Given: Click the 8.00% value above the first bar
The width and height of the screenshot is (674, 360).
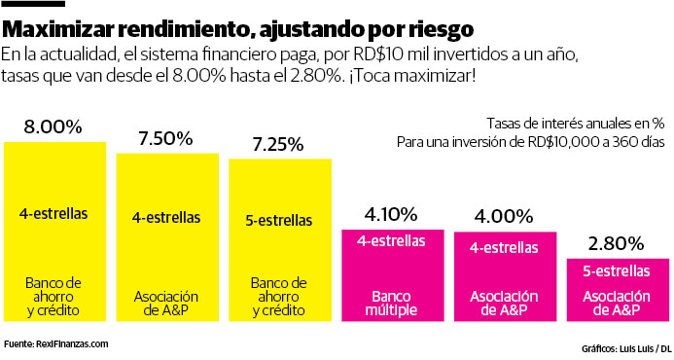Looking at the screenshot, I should [53, 126].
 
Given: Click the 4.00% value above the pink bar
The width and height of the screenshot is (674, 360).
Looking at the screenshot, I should [503, 216].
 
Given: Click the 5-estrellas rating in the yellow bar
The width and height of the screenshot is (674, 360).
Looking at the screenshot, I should [278, 219].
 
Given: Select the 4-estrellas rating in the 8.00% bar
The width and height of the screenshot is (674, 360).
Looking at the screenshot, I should [53, 211].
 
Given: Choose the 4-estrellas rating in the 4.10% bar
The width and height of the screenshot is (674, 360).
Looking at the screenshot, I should [391, 240].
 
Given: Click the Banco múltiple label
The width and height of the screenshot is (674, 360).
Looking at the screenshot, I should [391, 304].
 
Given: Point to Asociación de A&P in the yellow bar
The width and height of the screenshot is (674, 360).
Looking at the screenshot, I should [165, 304].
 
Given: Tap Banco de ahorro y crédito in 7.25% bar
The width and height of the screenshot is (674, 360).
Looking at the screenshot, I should [278, 297].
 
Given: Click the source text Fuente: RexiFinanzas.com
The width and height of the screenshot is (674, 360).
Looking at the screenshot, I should [55, 343].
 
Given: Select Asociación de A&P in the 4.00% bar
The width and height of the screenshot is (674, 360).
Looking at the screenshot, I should [503, 304].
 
